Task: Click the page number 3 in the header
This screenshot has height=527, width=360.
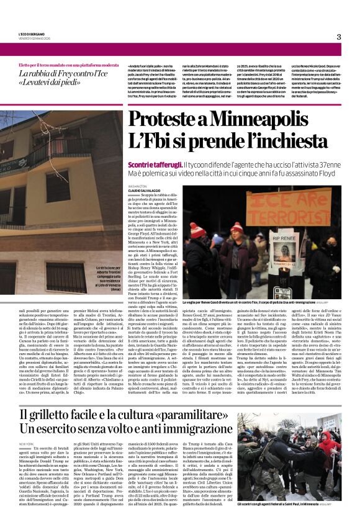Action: pyautogui.click(x=338, y=37)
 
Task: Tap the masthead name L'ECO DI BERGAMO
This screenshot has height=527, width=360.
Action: pyautogui.click(x=31, y=34)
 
